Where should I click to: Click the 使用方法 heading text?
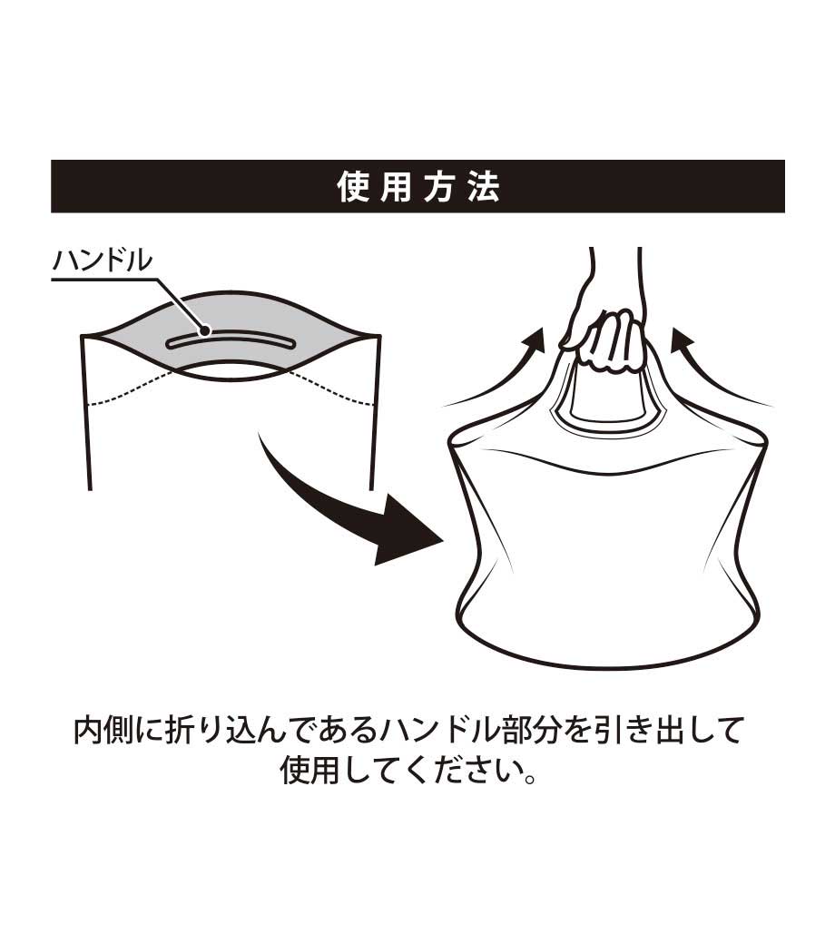pyautogui.click(x=417, y=187)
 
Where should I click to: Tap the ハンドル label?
pyautogui.click(x=103, y=261)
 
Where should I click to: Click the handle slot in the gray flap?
pyautogui.click(x=231, y=341)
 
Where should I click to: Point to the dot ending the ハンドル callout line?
pyautogui.click(x=205, y=330)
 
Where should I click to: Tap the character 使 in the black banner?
pyautogui.click(x=352, y=187)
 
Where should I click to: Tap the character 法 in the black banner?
pyautogui.click(x=484, y=187)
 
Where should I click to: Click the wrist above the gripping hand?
pyautogui.click(x=615, y=277)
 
